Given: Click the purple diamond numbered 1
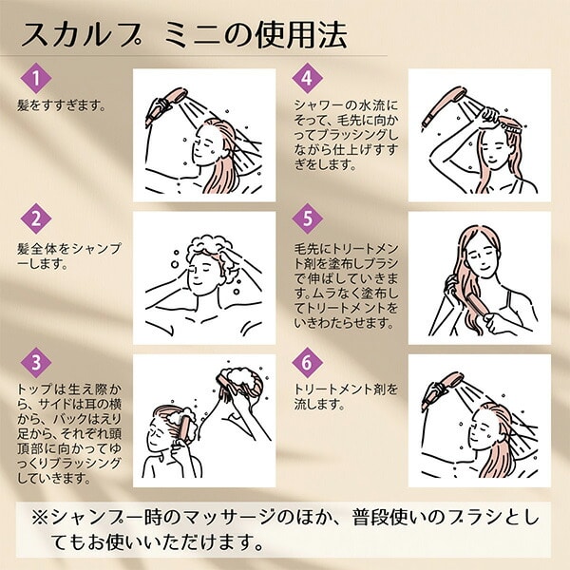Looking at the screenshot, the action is (36, 78).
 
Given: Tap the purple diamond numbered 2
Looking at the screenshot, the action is (36, 219).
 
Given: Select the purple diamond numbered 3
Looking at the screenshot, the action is (36, 363).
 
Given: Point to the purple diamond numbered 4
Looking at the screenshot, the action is (307, 78).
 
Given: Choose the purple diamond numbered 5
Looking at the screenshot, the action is (307, 218).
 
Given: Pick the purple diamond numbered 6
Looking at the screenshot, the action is (307, 363).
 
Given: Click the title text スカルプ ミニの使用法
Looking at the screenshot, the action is (184, 35).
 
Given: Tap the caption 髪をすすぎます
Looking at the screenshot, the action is (61, 105).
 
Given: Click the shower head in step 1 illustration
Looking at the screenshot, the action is (165, 105).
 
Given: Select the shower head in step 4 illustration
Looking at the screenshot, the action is (444, 105).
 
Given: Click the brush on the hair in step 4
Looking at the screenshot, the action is (512, 123).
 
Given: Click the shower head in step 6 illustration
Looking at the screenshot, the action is (442, 390).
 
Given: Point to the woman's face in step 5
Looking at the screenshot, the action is (482, 258).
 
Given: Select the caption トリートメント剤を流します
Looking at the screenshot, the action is (346, 396).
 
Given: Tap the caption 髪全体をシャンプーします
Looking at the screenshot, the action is (69, 256).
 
